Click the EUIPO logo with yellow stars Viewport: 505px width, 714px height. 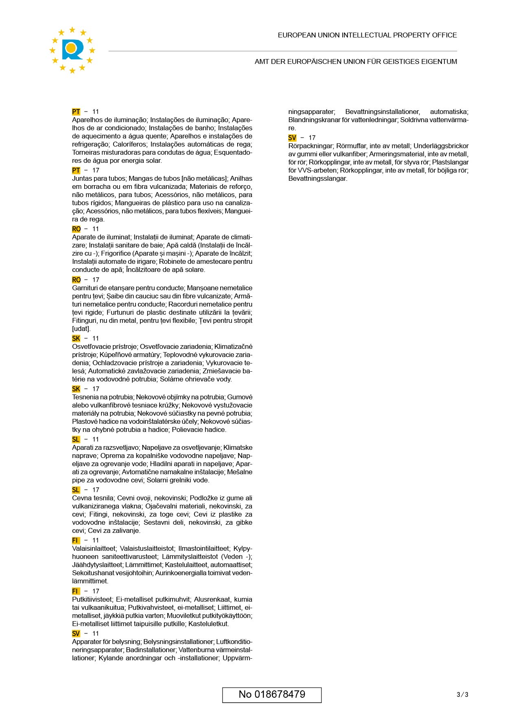coord(72,50)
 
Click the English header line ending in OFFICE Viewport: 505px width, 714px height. coord(367,35)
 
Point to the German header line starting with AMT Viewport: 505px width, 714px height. coord(356,61)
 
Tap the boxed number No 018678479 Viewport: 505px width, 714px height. coord(272,694)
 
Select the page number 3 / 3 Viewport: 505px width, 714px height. coord(462,694)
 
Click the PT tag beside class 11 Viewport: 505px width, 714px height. coord(76,112)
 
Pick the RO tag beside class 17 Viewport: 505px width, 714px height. coord(76,280)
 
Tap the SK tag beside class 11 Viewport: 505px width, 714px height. coord(76,338)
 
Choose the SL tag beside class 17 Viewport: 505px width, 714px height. coord(76,490)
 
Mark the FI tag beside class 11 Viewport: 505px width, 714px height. coord(75,540)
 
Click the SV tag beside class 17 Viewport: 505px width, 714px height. coord(292,138)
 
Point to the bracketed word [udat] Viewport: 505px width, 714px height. coord(81,329)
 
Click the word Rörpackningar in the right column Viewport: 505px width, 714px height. coord(310,146)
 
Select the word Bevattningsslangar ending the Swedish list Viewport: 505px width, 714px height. coord(318,178)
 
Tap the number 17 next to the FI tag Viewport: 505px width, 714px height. coord(96,591)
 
